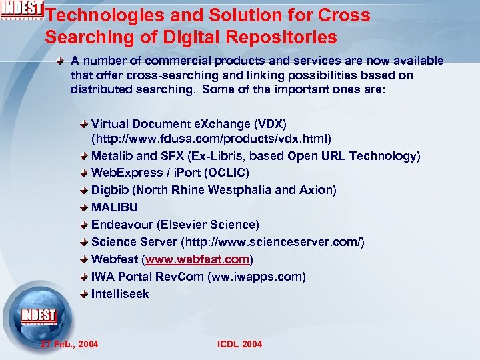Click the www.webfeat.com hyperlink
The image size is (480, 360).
pos(197,259)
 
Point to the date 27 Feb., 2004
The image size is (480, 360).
pos(69,344)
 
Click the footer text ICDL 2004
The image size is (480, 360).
pos(240,344)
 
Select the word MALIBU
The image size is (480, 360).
pos(115,207)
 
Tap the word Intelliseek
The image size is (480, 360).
pos(120,294)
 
